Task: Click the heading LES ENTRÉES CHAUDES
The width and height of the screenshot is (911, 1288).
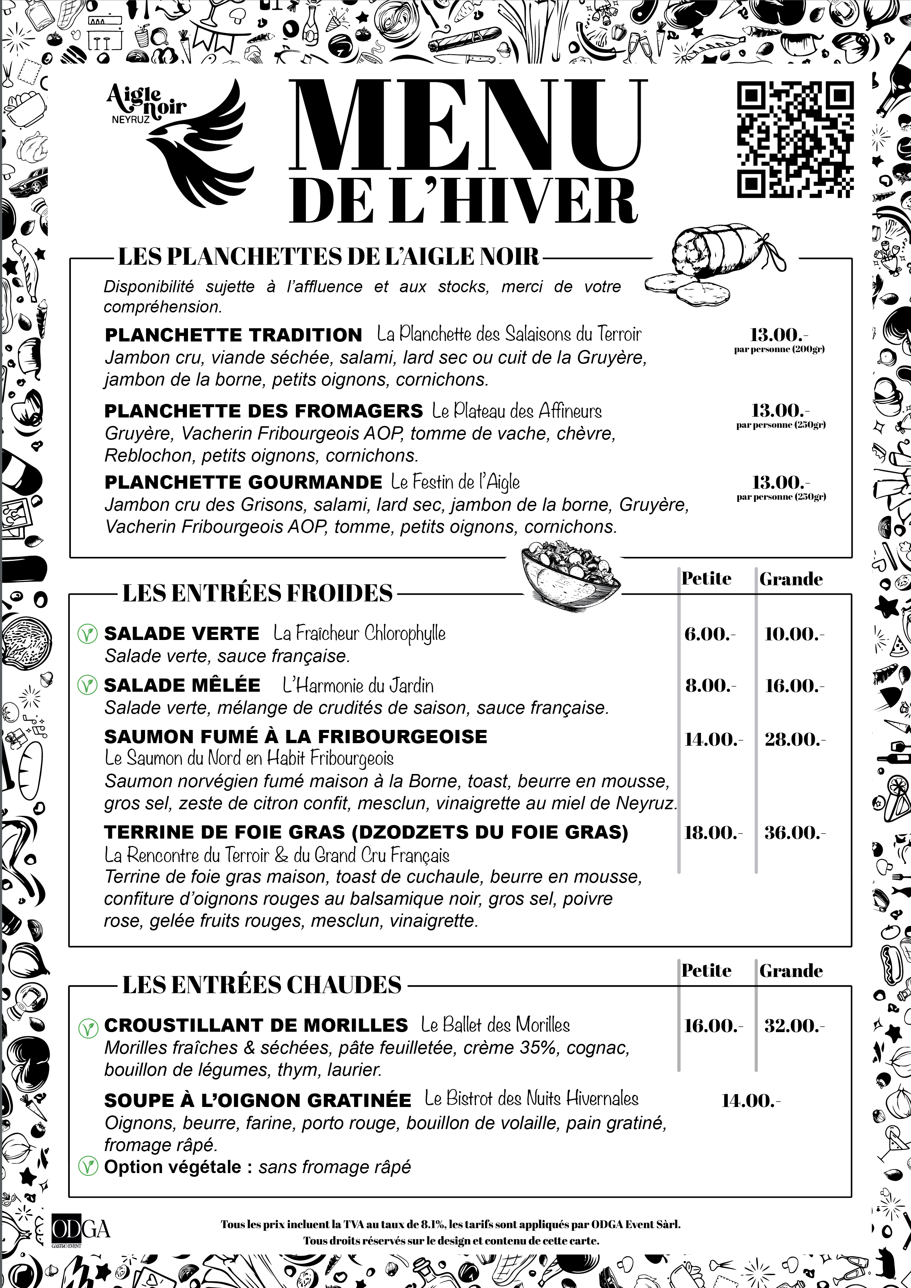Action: [x=262, y=985]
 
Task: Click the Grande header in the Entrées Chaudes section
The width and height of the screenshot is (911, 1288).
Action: [x=791, y=971]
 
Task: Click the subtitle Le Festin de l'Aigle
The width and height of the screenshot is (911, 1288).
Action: [x=455, y=482]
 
